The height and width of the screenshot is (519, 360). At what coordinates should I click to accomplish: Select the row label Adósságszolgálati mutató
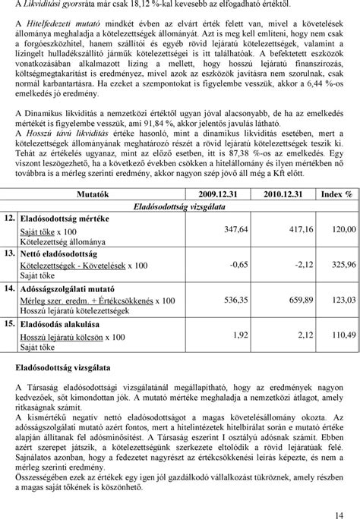[68, 289]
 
